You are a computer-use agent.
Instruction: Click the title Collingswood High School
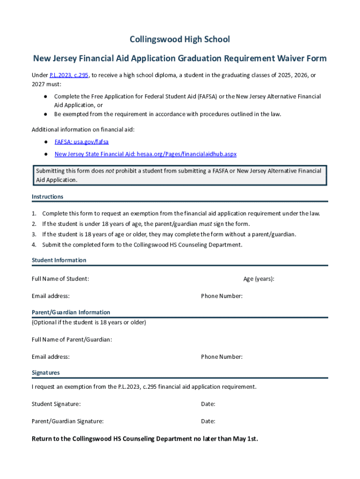tap(180, 39)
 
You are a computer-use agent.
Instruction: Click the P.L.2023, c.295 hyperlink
tap(69, 75)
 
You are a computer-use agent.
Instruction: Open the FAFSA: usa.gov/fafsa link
tap(81, 141)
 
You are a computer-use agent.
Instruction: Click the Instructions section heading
tap(47, 196)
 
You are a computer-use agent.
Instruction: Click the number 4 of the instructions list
tap(34, 245)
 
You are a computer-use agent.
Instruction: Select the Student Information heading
tap(59, 260)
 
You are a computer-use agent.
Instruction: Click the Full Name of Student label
tap(60, 279)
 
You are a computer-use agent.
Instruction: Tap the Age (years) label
tap(259, 279)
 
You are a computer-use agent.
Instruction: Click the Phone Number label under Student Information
tap(222, 296)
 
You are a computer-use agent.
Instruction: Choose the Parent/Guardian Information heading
tap(71, 312)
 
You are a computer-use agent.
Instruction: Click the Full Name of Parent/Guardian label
tap(72, 340)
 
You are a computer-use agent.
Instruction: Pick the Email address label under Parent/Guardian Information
tap(50, 357)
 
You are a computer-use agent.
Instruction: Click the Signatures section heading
tap(45, 373)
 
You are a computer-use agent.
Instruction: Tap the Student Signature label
tap(56, 404)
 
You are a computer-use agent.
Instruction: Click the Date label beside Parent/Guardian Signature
tap(208, 421)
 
